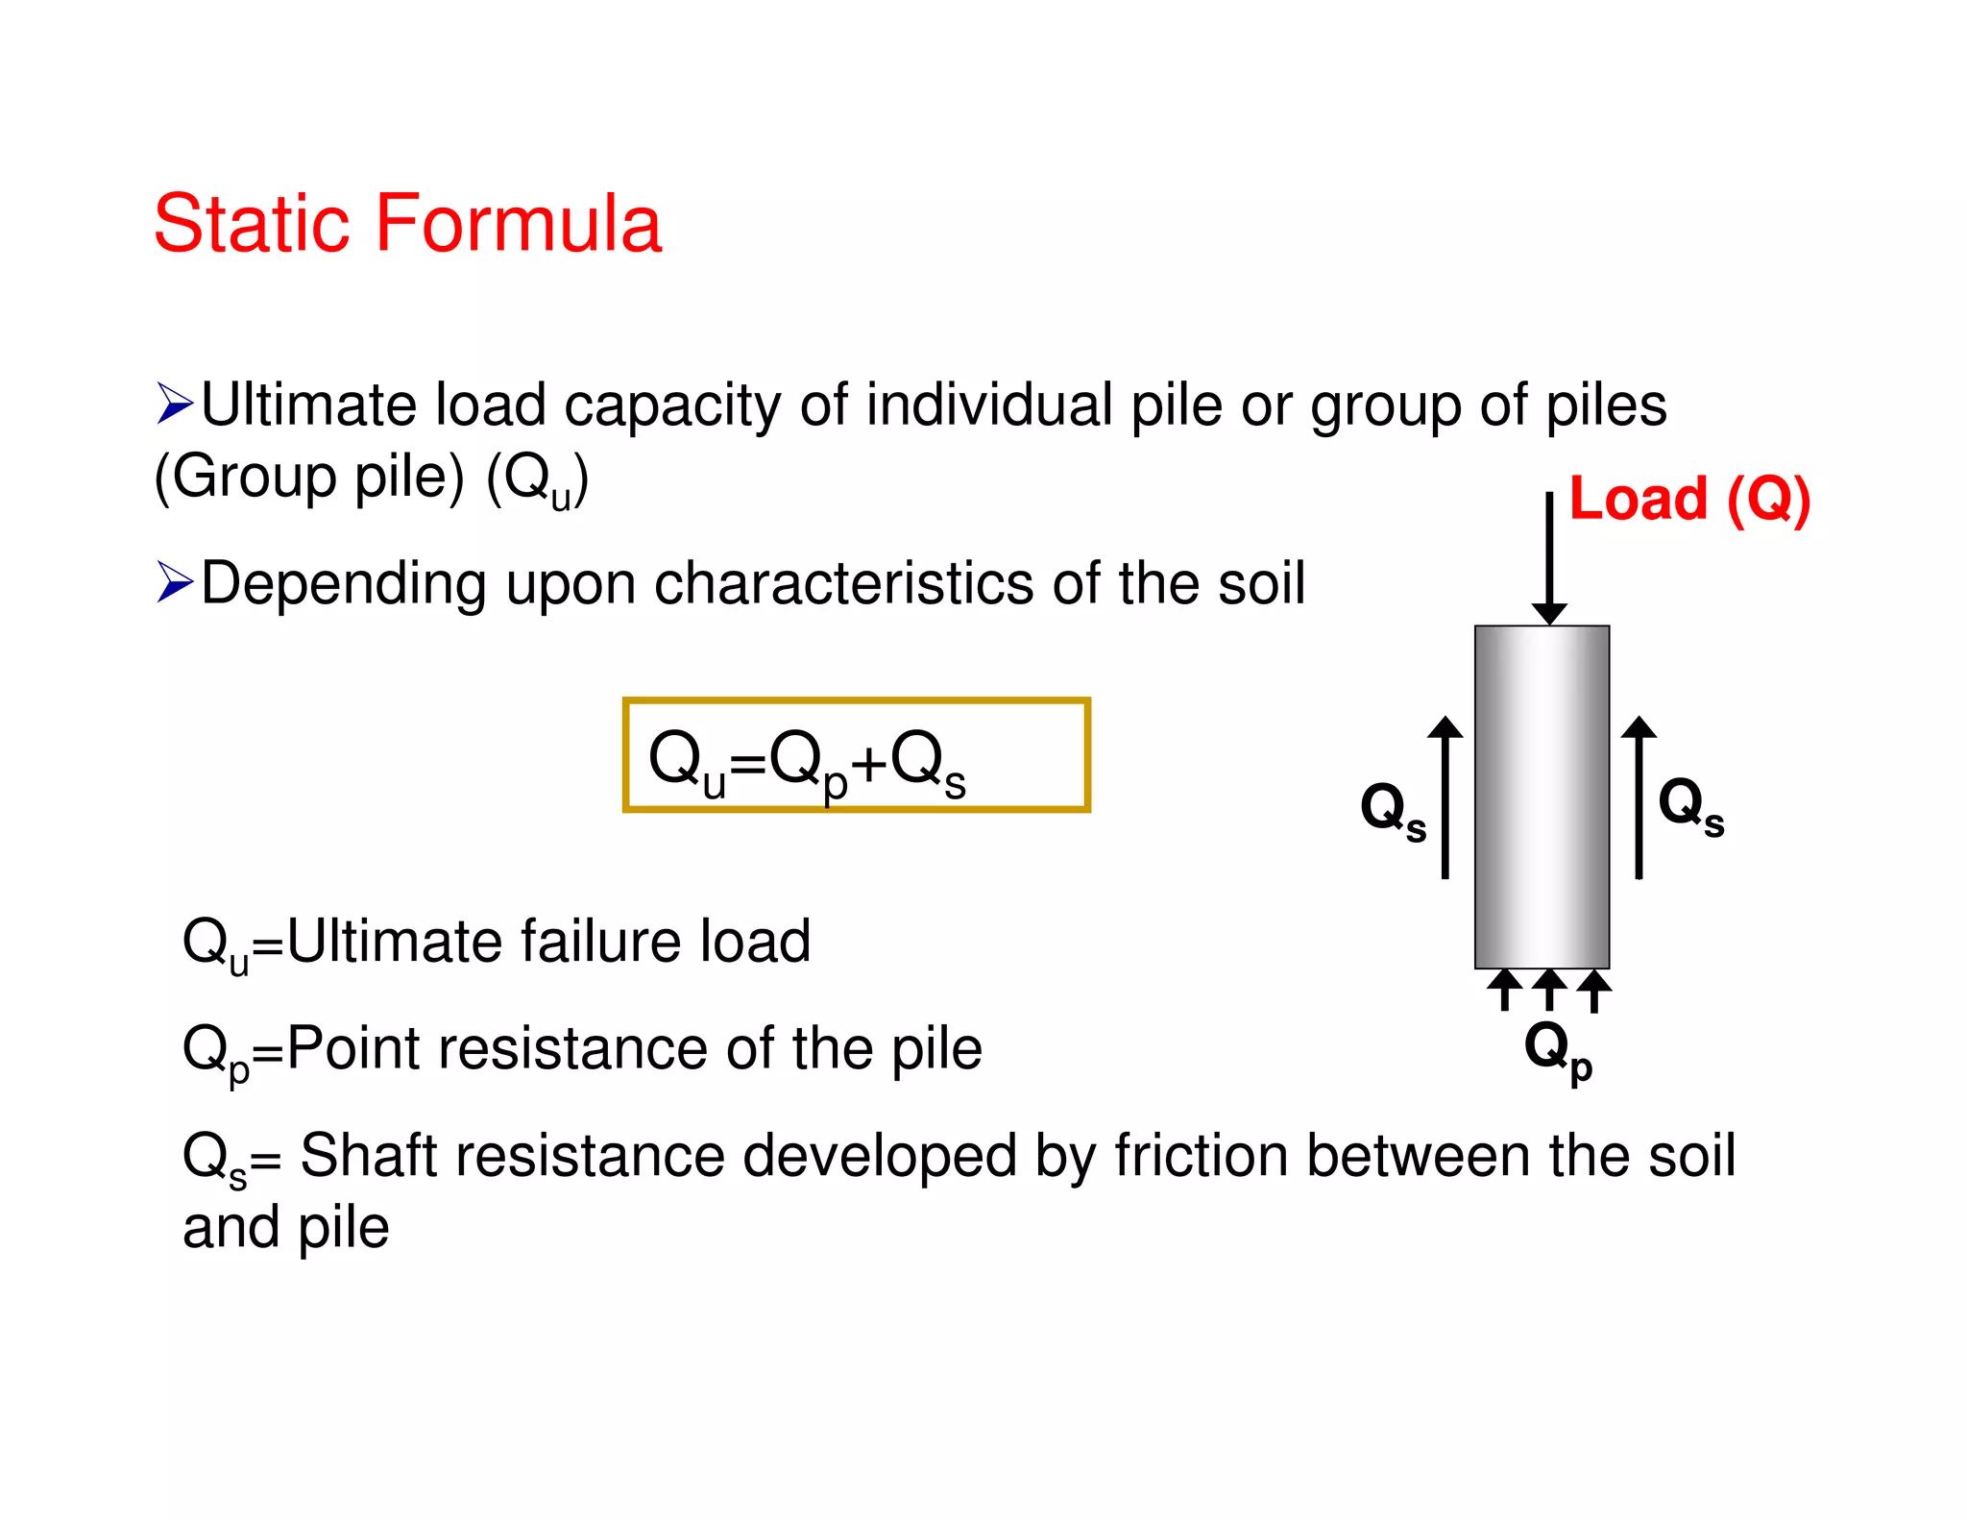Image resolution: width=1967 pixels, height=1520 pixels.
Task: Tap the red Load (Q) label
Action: (1689, 500)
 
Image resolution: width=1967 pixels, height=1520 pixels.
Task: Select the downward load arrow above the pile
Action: (1549, 558)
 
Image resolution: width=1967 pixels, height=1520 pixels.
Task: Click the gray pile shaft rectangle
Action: (1542, 797)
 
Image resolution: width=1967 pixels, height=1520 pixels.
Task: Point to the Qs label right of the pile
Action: (1691, 806)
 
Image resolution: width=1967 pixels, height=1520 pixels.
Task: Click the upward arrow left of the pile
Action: (1445, 797)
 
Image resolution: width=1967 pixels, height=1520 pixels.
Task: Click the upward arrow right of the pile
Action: (1639, 797)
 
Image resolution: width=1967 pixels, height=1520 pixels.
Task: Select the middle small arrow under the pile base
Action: (1549, 990)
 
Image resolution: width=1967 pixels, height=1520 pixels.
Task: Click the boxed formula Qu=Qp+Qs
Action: (855, 756)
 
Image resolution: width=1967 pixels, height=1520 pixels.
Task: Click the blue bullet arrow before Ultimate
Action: (175, 404)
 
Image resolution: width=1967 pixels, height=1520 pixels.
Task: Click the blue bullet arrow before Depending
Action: (175, 582)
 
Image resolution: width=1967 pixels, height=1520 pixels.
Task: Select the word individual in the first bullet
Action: (989, 405)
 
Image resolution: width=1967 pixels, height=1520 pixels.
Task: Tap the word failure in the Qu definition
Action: (602, 941)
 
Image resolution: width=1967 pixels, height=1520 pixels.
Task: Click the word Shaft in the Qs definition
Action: (369, 1155)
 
